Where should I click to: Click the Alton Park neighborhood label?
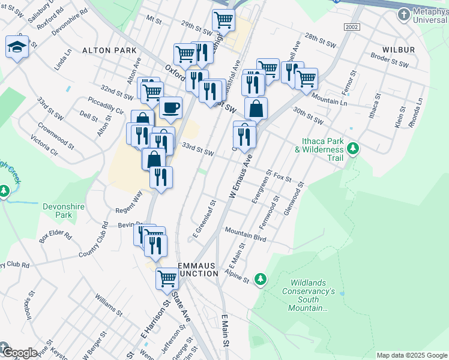[110, 51]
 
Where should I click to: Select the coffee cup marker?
[170, 107]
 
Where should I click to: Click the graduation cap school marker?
[17, 46]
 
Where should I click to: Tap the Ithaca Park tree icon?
[354, 147]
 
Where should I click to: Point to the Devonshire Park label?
[65, 210]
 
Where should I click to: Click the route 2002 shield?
[352, 28]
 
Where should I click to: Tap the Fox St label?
[282, 178]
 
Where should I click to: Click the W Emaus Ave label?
[240, 177]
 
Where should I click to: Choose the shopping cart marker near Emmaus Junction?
[167, 277]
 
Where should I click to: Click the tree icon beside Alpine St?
[260, 278]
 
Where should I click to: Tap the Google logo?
[19, 353]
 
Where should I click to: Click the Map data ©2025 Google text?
[411, 355]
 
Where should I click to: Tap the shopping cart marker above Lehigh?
[223, 19]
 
